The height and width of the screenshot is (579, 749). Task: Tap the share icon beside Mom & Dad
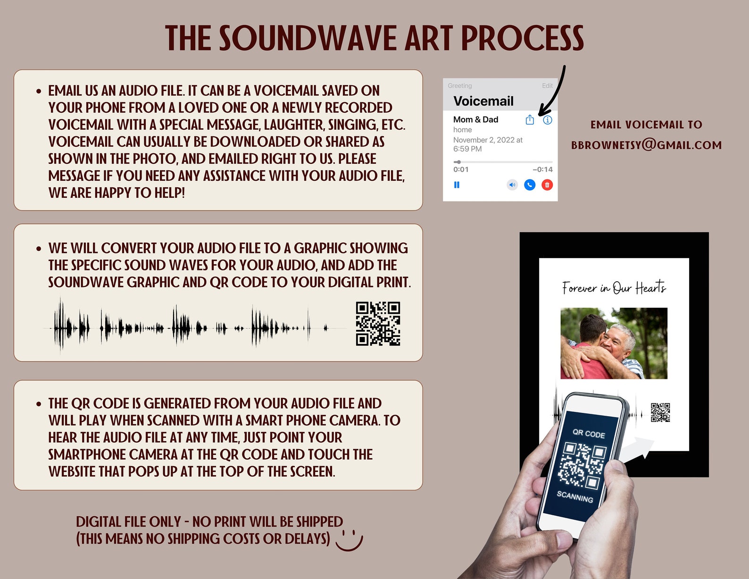point(530,120)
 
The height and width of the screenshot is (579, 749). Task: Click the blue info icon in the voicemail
point(547,120)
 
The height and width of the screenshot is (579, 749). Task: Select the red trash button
point(547,185)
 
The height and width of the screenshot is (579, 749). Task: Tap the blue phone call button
point(530,185)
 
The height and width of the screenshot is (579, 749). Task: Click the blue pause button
point(457,185)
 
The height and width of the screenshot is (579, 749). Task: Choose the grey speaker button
point(512,185)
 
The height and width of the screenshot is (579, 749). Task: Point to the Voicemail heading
point(483,101)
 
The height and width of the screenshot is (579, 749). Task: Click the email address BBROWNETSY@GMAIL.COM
point(646,145)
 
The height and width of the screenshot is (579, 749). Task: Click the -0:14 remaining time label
point(542,169)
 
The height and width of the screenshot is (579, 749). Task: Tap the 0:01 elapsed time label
point(461,169)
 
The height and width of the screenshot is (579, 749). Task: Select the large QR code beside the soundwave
point(378,324)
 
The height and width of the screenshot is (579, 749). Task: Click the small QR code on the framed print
point(660,412)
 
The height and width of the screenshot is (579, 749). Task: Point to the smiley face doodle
point(349,540)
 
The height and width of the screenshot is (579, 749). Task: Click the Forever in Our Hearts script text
point(614,287)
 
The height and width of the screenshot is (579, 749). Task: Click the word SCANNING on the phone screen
point(574,496)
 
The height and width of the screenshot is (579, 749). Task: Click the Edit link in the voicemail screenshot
point(547,86)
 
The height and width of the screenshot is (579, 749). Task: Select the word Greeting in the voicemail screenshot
point(460,86)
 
